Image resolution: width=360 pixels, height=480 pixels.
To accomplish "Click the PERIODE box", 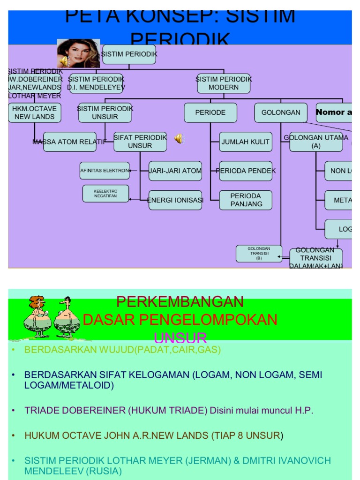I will [x=210, y=112].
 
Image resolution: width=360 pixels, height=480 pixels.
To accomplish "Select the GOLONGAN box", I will [x=281, y=112].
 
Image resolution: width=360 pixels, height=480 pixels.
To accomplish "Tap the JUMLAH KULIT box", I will [x=245, y=142].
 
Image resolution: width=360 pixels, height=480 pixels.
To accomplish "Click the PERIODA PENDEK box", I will [x=245, y=171].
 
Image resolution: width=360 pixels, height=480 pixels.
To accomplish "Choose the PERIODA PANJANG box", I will [x=245, y=200].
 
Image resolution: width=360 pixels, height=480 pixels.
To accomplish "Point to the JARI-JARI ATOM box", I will [x=175, y=171].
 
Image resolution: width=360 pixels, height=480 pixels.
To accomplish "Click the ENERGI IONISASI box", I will [x=175, y=200].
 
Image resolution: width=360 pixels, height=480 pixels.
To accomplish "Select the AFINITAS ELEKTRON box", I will [x=105, y=171].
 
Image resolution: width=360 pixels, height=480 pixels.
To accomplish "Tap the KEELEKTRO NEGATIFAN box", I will [x=106, y=194].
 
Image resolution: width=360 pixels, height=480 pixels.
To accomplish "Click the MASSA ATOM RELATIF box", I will [x=69, y=142].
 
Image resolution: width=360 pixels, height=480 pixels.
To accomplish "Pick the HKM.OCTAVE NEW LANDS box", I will [x=35, y=112].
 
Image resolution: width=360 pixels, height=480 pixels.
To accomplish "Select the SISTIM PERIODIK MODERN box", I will [x=224, y=83].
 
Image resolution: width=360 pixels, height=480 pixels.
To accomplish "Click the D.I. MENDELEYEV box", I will [x=96, y=83].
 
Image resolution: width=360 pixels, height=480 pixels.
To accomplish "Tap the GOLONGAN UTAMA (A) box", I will [x=315, y=142].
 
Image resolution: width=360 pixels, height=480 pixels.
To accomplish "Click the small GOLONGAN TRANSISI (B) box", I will [x=259, y=253].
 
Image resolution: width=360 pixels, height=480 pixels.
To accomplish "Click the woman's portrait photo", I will [x=78, y=53].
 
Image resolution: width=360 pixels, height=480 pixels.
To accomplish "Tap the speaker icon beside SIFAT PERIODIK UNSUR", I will [x=179, y=138].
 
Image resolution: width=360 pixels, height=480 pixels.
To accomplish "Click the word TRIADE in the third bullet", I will [x=41, y=411].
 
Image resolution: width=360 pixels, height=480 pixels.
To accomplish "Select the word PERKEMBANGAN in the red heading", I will [x=180, y=301].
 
